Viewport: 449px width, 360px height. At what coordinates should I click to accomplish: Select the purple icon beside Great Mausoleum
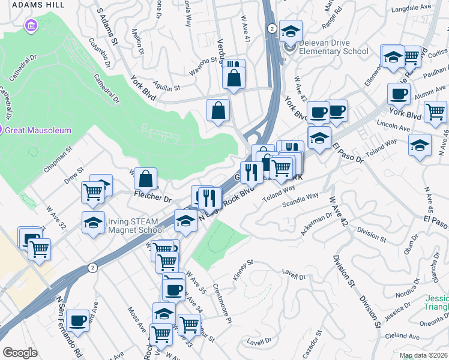coord(2,130)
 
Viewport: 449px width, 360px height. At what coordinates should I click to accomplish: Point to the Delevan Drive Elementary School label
coord(329,51)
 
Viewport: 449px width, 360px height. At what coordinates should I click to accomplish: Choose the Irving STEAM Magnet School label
coord(136,225)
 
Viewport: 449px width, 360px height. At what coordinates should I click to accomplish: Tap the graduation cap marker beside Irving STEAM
coord(93,223)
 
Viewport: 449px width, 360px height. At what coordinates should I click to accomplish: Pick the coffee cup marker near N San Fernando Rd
coord(77,320)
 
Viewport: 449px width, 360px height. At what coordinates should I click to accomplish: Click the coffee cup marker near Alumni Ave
coord(399,94)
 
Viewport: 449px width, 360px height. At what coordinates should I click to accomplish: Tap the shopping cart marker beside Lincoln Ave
coord(435,111)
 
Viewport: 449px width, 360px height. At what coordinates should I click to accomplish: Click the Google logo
coord(20,353)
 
